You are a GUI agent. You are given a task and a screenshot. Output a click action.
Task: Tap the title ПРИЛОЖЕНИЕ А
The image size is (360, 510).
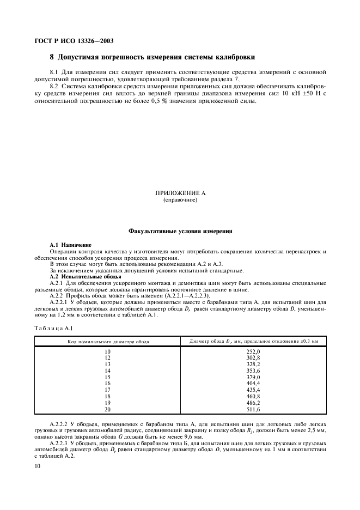tap(180, 193)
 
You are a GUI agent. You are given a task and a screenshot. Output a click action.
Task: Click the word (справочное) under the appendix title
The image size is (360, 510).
tap(180, 200)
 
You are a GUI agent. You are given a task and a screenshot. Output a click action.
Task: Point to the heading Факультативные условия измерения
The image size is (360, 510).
tap(180, 231)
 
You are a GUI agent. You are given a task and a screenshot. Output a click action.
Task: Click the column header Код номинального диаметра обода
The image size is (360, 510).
tap(107, 341)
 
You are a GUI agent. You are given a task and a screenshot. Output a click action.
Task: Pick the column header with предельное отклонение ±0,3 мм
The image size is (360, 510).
tap(253, 341)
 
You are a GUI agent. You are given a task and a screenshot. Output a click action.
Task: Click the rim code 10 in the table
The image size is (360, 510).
tap(107, 352)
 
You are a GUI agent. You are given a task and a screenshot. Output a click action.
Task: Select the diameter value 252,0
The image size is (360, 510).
tap(253, 352)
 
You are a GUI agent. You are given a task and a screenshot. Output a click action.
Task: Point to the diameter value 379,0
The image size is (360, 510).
tap(253, 377)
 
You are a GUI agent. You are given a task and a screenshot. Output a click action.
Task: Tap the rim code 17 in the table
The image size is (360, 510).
tap(107, 389)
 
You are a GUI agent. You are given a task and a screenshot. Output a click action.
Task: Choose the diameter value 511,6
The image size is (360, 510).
tap(253, 408)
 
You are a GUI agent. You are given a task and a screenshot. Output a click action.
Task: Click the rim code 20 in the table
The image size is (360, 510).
tap(107, 408)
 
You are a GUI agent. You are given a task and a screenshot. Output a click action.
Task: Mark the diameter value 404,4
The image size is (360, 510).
tap(253, 383)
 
